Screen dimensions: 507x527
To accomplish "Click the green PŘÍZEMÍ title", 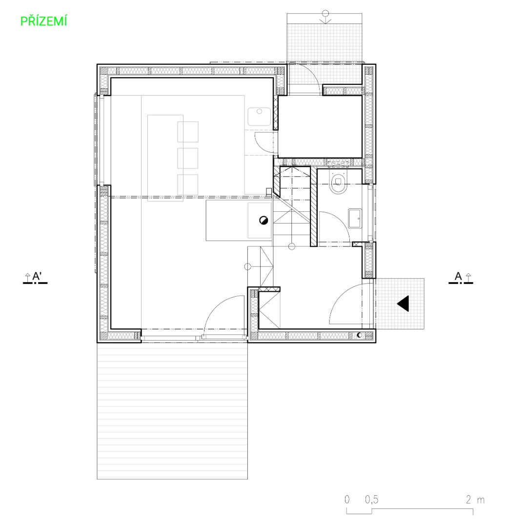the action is pyautogui.click(x=44, y=21).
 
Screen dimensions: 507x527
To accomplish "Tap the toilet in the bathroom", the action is pyautogui.click(x=338, y=183).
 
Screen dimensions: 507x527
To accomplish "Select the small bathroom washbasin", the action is pyautogui.click(x=355, y=218).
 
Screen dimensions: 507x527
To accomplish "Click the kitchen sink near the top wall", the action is pyautogui.click(x=259, y=116).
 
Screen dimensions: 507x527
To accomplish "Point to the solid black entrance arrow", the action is pyautogui.click(x=403, y=304).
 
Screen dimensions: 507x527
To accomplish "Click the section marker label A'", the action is pyautogui.click(x=37, y=276).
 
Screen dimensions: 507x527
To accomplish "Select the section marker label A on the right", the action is pyautogui.click(x=458, y=276).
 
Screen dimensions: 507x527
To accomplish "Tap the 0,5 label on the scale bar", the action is pyautogui.click(x=371, y=500).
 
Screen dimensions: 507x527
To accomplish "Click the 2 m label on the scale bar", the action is pyautogui.click(x=475, y=500).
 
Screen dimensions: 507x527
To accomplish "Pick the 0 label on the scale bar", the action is pyautogui.click(x=347, y=500).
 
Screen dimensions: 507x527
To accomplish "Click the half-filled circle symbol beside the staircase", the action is pyautogui.click(x=263, y=221).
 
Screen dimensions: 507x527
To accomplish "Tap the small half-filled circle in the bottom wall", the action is pyautogui.click(x=360, y=335).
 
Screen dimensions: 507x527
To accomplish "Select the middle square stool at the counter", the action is pyautogui.click(x=188, y=158).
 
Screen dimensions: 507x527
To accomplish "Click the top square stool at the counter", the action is pyautogui.click(x=188, y=132).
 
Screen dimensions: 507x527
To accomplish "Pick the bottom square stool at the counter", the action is pyautogui.click(x=188, y=184).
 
